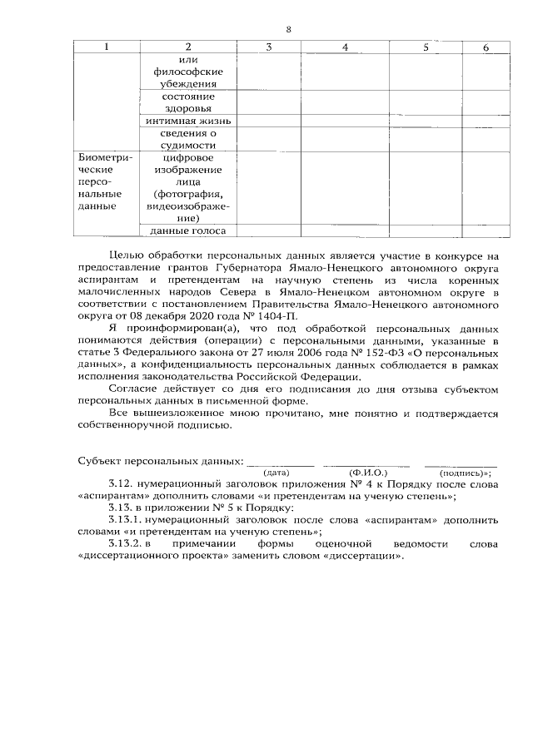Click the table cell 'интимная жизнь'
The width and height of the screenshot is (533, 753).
pyautogui.click(x=187, y=121)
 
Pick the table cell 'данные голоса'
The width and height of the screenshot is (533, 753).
pyautogui.click(x=187, y=230)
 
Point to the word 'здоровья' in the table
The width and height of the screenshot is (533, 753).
pyautogui.click(x=187, y=108)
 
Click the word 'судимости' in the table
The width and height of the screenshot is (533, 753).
pyautogui.click(x=187, y=145)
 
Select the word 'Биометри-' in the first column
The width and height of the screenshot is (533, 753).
pyautogui.click(x=99, y=157)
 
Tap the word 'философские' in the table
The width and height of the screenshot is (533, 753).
pyautogui.click(x=187, y=72)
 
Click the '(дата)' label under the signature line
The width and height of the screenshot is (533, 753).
pyautogui.click(x=276, y=472)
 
